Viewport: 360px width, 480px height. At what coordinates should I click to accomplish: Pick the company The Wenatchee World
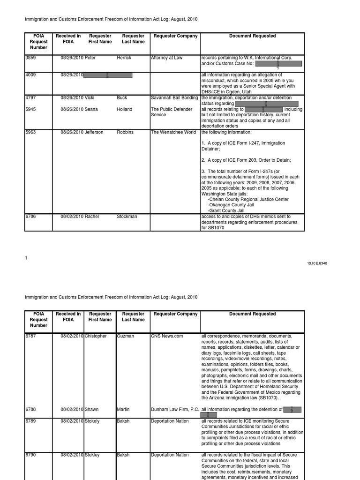click(173, 132)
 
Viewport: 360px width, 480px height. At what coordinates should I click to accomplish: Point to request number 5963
click(31, 132)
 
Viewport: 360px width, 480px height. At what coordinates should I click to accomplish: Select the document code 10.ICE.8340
click(317, 263)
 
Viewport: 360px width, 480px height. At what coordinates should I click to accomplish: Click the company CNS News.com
click(167, 336)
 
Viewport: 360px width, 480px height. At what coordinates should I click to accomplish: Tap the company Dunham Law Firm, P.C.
click(175, 409)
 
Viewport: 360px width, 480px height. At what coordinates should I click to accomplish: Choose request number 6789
click(31, 421)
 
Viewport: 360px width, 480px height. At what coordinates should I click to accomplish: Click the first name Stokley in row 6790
click(92, 455)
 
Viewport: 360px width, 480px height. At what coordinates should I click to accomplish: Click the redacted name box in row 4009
click(108, 75)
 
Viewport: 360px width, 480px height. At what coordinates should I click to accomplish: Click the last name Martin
click(123, 409)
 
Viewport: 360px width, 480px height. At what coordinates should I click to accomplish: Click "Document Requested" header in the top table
click(252, 36)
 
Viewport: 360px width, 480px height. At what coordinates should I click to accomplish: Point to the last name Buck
click(122, 97)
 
